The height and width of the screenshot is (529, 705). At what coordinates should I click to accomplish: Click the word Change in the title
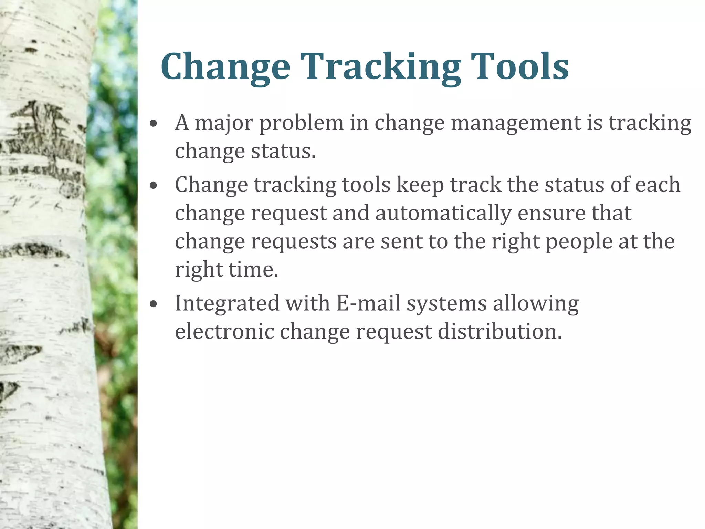[x=225, y=67]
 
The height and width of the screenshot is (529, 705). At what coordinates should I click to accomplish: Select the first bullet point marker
[x=154, y=124]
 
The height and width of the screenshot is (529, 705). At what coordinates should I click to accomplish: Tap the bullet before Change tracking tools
[x=154, y=186]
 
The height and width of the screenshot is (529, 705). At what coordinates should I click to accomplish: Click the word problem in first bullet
[x=301, y=123]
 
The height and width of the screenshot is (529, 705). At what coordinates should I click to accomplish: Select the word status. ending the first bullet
[x=283, y=152]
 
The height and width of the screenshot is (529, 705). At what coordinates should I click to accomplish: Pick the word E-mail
[x=368, y=304]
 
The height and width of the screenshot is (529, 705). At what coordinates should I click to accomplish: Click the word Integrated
[x=227, y=304]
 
